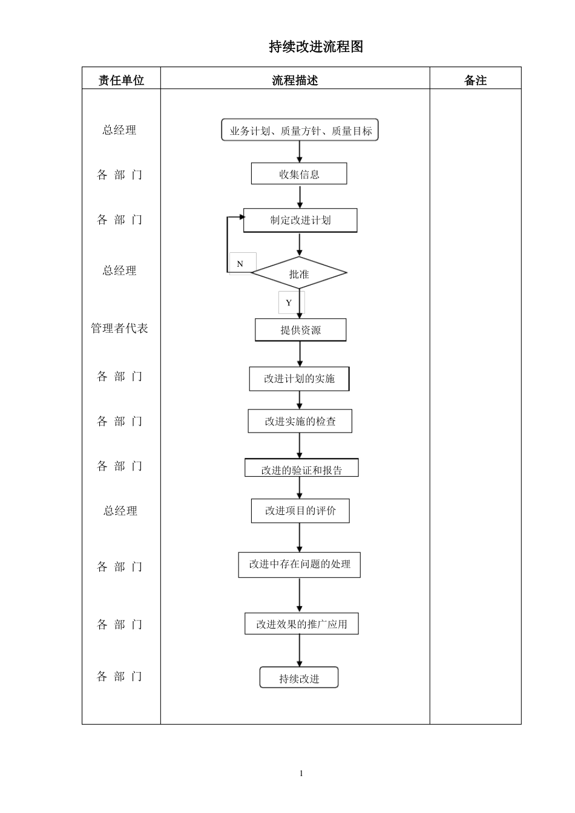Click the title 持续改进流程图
tap(316, 47)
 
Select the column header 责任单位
tap(121, 80)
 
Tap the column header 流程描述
tap(295, 80)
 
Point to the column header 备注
tap(475, 80)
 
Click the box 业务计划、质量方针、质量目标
tap(300, 130)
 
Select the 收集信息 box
tap(299, 174)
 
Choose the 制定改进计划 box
tap(300, 220)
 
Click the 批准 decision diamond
tap(299, 273)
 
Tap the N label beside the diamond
tap(240, 264)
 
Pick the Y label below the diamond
tap(289, 302)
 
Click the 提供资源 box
tap(300, 330)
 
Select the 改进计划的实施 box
tap(299, 379)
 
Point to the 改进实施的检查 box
tap(300, 421)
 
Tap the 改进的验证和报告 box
tap(301, 469)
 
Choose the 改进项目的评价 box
tap(300, 511)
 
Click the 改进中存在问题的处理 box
tap(299, 564)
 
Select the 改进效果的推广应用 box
tap(301, 624)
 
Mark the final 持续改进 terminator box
tap(299, 678)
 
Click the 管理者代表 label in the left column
tap(119, 328)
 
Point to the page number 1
tap(301, 774)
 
